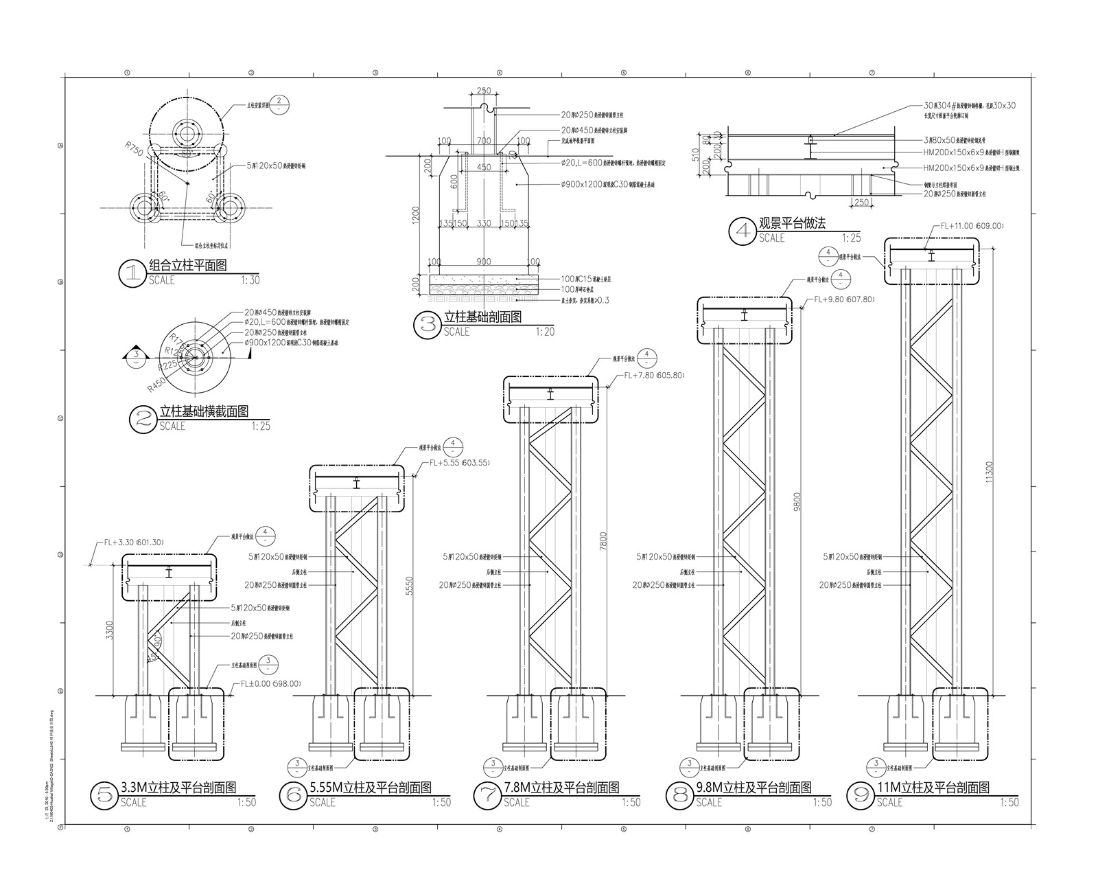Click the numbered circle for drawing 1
coord(130,273)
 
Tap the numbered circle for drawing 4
coord(743,231)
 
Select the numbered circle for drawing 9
coord(860,795)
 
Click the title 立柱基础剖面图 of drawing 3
coord(482,317)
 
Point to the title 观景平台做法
coord(791,224)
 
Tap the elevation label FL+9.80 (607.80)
coord(844,299)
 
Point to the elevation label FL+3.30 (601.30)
coord(134,543)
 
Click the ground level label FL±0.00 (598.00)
coord(270,684)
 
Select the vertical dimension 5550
coord(410,584)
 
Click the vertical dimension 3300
coord(110,630)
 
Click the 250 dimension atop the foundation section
coord(483,91)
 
